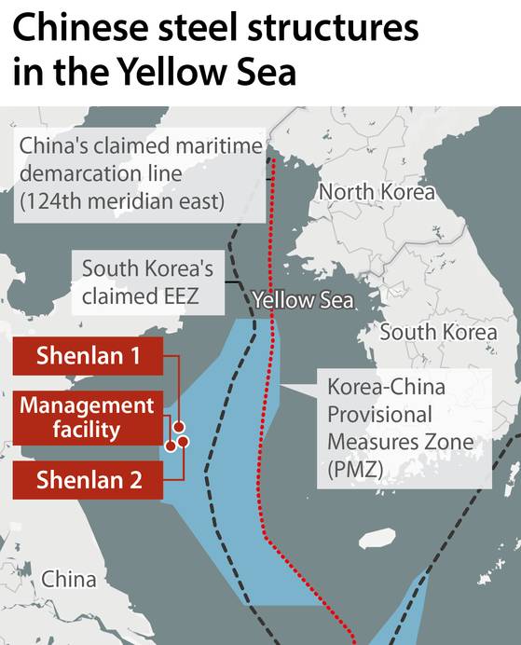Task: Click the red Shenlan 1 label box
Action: click(x=88, y=356)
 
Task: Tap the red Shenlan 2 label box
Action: click(x=88, y=481)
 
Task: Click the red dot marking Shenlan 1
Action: click(x=178, y=427)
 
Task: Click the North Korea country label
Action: click(x=377, y=192)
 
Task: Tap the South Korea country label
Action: click(x=438, y=332)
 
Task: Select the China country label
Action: click(x=68, y=579)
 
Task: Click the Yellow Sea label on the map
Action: click(x=303, y=300)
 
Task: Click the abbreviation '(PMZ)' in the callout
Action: click(x=355, y=471)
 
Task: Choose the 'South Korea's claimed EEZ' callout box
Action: click(x=147, y=283)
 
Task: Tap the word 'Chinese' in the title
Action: click(x=85, y=29)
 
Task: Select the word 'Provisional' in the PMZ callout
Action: click(x=379, y=415)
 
